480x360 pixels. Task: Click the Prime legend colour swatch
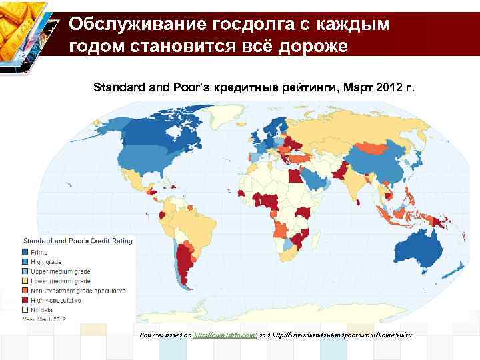coord(27,252)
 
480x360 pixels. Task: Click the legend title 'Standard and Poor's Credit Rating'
coord(79,240)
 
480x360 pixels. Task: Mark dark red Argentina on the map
coord(185,267)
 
